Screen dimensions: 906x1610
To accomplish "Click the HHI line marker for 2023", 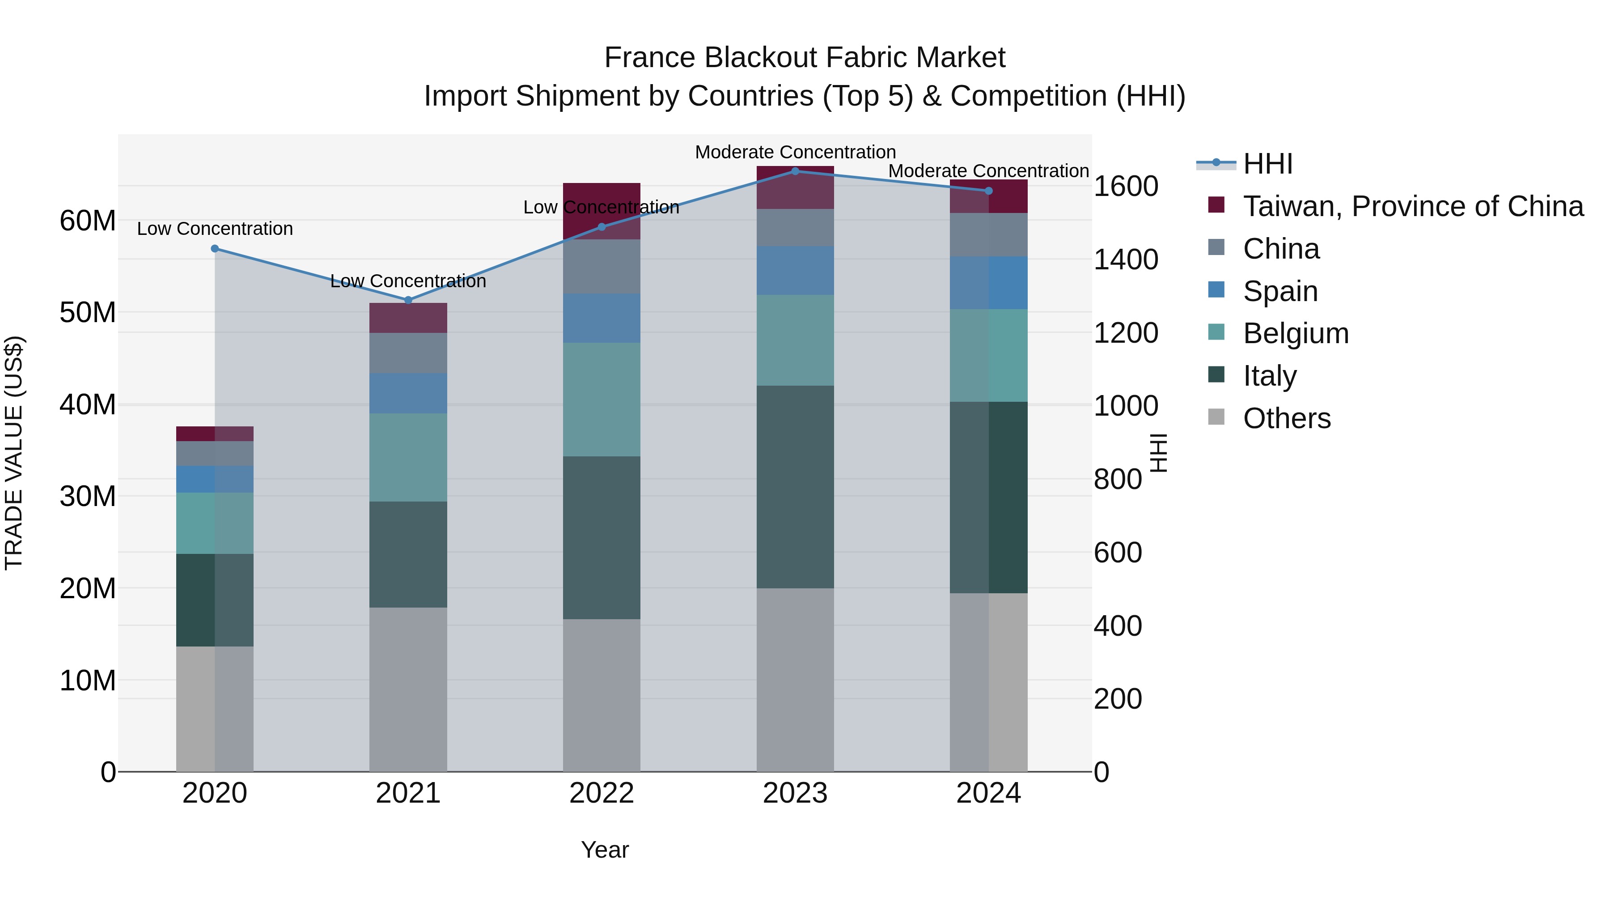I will [795, 171].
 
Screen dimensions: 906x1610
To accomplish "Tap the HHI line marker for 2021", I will [408, 300].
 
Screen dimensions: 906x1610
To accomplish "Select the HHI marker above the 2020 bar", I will [215, 249].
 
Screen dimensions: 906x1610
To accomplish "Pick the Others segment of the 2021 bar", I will [408, 689].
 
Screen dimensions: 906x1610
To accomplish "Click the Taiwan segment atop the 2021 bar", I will [408, 318].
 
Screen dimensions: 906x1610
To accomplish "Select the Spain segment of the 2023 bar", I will [795, 270].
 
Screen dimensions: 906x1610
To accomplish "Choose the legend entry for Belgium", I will [1295, 333].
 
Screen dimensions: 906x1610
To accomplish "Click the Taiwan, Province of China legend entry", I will [1412, 206].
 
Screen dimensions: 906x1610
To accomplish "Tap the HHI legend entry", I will [1267, 164].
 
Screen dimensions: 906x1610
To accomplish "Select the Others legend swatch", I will [1216, 417].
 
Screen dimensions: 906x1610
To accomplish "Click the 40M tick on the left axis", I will [88, 404].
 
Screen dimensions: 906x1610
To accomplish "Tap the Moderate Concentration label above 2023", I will [795, 152].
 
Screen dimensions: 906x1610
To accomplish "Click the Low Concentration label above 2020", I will [215, 229].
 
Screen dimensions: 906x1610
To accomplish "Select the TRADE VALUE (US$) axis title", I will [14, 453].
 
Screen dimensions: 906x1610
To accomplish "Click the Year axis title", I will [604, 850].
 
